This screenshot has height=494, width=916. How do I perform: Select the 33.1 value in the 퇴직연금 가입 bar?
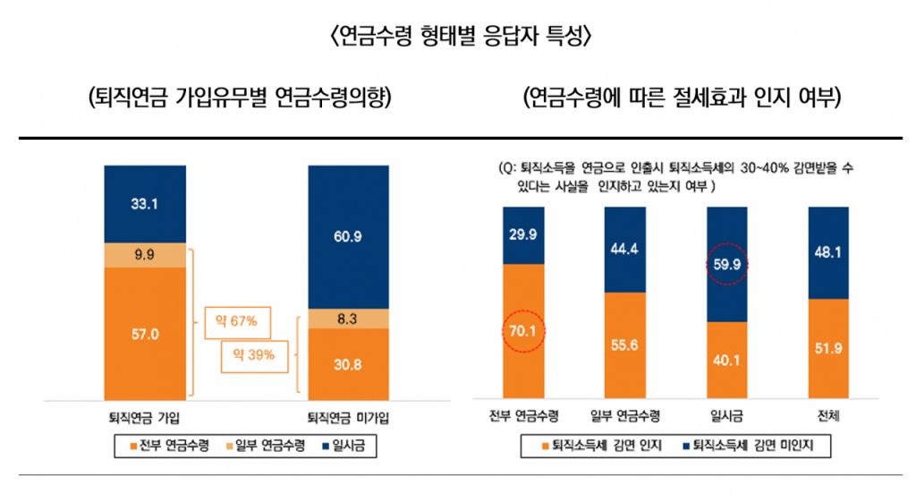pyautogui.click(x=144, y=204)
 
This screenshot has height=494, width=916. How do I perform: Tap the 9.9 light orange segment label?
pyautogui.click(x=144, y=255)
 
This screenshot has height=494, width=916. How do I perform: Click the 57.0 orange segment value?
pyautogui.click(x=144, y=333)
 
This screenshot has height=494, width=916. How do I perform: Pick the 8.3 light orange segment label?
pyautogui.click(x=348, y=318)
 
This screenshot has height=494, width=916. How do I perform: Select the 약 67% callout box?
pyautogui.click(x=236, y=320)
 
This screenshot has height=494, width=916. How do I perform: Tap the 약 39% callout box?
pyautogui.click(x=255, y=355)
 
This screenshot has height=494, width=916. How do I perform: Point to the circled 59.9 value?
pyautogui.click(x=727, y=265)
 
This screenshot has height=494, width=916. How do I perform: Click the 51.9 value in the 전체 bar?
pyautogui.click(x=828, y=348)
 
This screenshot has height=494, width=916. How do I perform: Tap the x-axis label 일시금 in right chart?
pyautogui.click(x=727, y=417)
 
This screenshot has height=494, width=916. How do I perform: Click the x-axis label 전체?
pyautogui.click(x=828, y=417)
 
